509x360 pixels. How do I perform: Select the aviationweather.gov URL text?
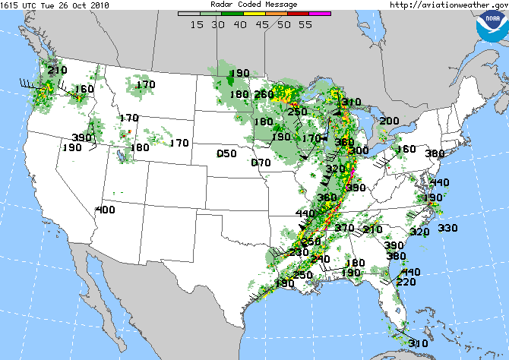(448, 5)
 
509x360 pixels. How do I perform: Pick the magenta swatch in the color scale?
(321, 13)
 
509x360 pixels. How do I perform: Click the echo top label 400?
(105, 210)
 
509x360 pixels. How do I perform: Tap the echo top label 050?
(226, 154)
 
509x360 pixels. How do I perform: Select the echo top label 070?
(261, 163)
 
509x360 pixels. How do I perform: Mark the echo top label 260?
(264, 95)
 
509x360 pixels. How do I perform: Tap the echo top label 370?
(345, 229)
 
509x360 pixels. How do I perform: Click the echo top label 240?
(321, 260)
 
